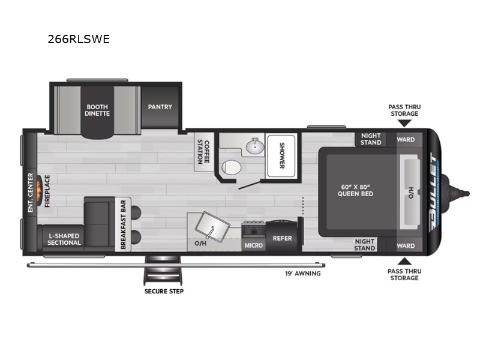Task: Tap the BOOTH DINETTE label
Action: tap(97, 110)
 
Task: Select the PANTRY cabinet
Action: tap(160, 107)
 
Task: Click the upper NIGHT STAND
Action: tap(370, 139)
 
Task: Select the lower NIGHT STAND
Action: tap(364, 245)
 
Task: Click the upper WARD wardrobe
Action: tap(406, 139)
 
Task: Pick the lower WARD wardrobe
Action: tap(406, 245)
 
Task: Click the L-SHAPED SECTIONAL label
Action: tap(64, 239)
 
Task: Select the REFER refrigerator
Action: tap(282, 238)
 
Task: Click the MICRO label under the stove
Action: tap(253, 245)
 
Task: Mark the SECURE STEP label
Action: tap(163, 292)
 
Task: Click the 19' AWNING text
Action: tap(302, 274)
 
